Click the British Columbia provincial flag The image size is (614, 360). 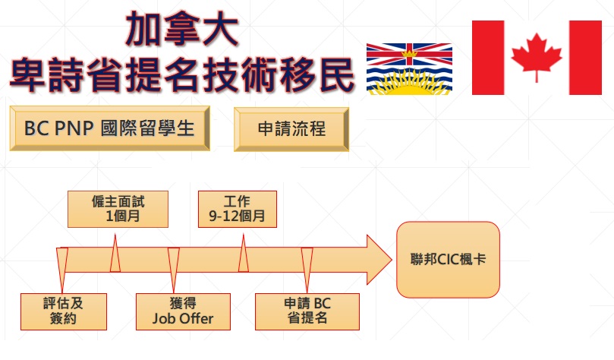[x=409, y=69]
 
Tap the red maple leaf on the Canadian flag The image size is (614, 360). [x=537, y=57]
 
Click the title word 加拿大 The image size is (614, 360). [x=182, y=29]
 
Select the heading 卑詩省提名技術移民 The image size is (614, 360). [x=182, y=74]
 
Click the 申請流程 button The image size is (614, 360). [x=291, y=129]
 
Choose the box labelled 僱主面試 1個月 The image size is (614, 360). [x=118, y=209]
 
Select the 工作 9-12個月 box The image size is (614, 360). [x=238, y=209]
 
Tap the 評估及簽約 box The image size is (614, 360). [x=64, y=311]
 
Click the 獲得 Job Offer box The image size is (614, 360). [x=183, y=311]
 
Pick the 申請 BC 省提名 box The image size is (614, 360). [x=307, y=311]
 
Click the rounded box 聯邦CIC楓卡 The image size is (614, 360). [x=448, y=259]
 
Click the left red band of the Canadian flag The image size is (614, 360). [x=488, y=58]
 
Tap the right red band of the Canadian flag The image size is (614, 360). [x=585, y=58]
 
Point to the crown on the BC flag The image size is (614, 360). [x=410, y=53]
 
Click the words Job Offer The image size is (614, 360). [x=183, y=318]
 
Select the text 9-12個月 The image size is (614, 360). [x=237, y=216]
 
